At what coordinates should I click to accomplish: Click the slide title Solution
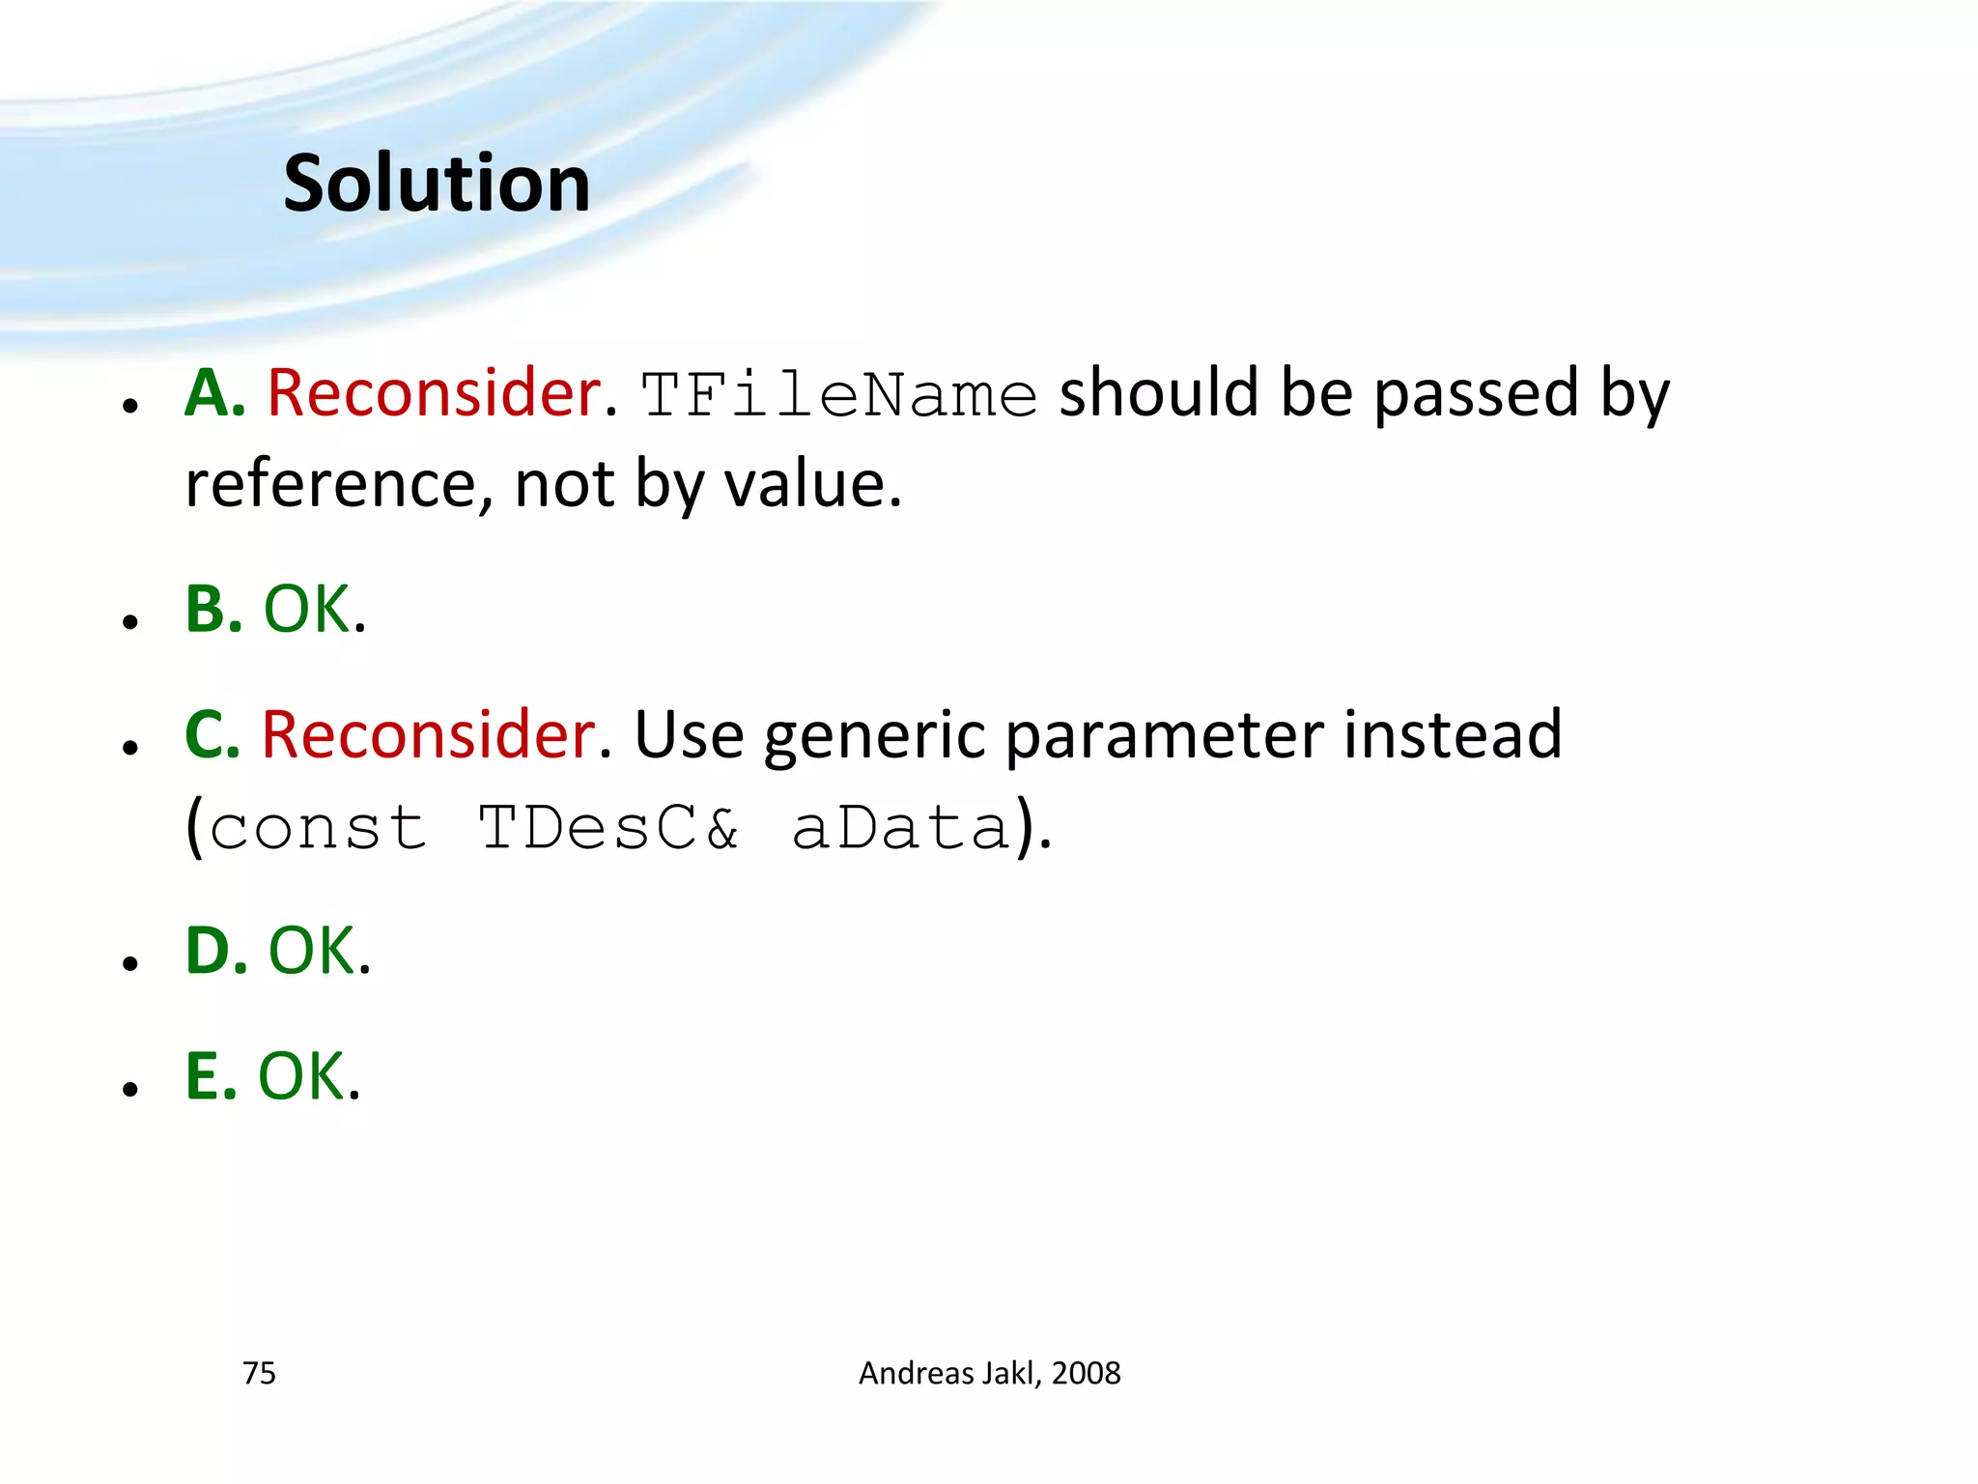pos(437,184)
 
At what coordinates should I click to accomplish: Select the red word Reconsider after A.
pos(434,393)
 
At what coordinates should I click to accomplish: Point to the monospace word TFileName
pos(838,396)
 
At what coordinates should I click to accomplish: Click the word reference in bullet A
pos(328,484)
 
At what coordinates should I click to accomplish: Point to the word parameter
pos(1165,736)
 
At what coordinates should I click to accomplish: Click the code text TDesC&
pos(609,828)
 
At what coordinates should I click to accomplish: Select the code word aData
pos(901,828)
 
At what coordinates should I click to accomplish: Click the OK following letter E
pos(301,1076)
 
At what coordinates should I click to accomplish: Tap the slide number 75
pos(259,1373)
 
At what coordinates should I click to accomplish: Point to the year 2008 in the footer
pos(1087,1373)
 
